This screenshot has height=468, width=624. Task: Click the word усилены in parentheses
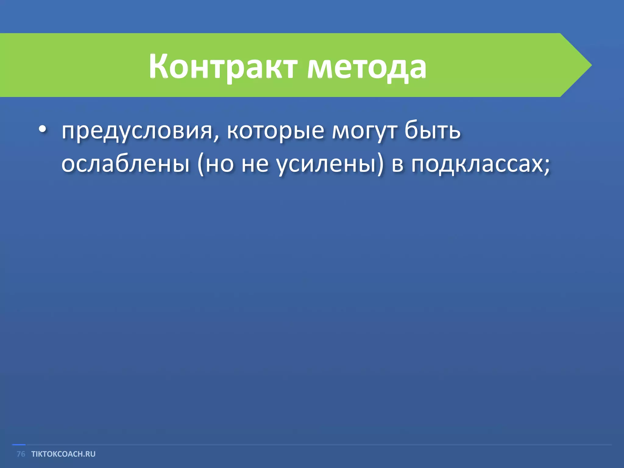coord(326,165)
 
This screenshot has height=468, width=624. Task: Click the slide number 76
coord(21,454)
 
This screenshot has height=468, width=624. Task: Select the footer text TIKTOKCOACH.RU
coord(63,454)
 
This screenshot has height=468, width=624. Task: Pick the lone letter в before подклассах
coord(398,165)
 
